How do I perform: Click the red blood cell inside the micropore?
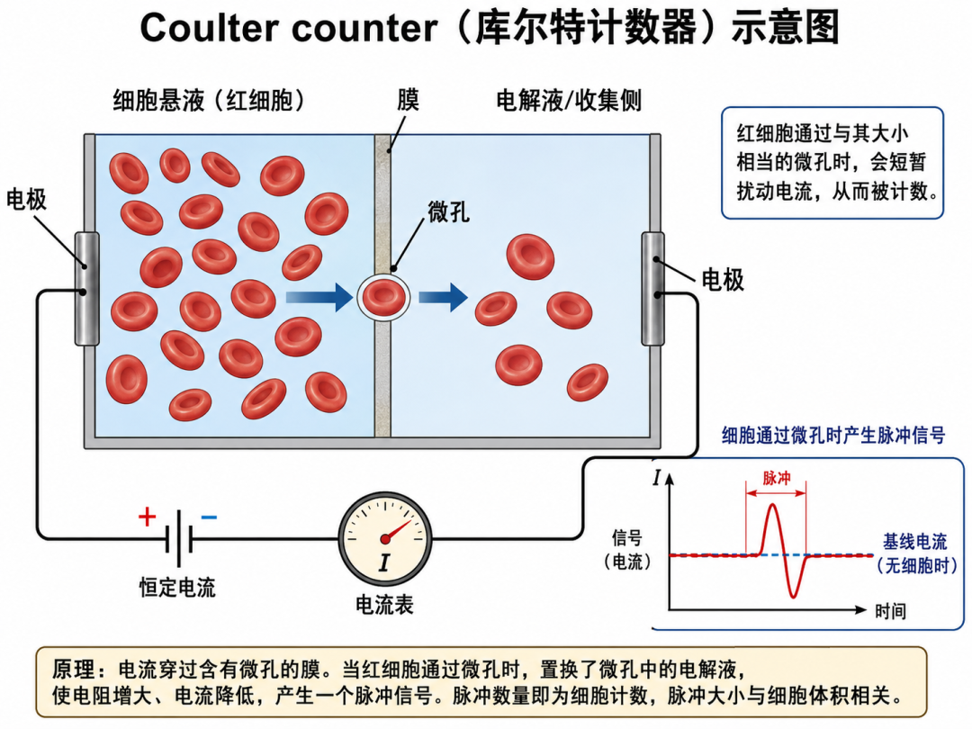point(383,297)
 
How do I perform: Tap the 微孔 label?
point(448,212)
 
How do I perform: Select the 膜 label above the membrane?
point(408,100)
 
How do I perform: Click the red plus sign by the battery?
point(147,517)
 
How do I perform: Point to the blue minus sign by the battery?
point(209,517)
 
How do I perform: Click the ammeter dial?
point(385,539)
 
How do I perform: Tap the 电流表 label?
point(384,605)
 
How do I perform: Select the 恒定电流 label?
point(177,587)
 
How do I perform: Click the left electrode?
point(86,289)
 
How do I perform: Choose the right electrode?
point(652,289)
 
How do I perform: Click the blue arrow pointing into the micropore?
point(319,298)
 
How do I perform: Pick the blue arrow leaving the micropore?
point(443,298)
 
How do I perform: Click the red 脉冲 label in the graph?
point(776,478)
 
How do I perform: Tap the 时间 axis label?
point(890,611)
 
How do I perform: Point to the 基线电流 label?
point(915,542)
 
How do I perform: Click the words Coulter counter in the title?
point(289,28)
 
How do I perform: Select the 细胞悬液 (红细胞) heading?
point(209,101)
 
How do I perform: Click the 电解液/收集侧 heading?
point(569,101)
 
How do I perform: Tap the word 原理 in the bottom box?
point(73,670)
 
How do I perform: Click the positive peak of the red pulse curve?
point(772,505)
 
